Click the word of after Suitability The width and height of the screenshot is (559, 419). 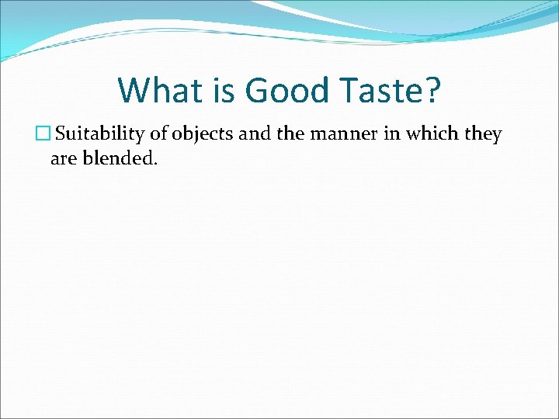pos(158,134)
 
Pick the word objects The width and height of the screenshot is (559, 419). pos(204,134)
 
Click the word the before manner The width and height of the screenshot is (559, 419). pos(290,134)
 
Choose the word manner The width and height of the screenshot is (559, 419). pos(340,134)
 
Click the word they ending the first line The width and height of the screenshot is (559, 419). pos(483,134)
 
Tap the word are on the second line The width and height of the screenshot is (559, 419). pos(62,160)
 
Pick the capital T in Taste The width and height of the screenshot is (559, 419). pos(343,90)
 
